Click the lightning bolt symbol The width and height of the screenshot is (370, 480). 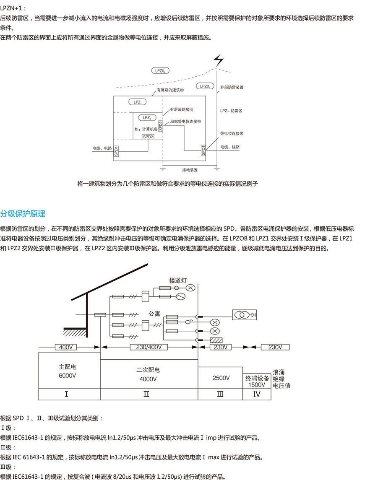[219, 60]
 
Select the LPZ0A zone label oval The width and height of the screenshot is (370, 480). [160, 71]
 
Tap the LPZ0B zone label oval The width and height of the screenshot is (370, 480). [205, 86]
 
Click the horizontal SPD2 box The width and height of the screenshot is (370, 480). [148, 137]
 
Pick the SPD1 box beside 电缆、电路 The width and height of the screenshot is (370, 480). [116, 151]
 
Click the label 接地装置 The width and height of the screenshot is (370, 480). [190, 170]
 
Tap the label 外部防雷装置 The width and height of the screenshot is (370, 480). [232, 87]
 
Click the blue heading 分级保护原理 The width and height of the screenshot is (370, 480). [23, 214]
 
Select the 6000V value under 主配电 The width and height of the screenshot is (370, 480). [68, 376]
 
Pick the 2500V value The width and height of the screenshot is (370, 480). [221, 378]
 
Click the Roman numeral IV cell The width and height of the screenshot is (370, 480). [257, 394]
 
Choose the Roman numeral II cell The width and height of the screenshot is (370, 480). [146, 394]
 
